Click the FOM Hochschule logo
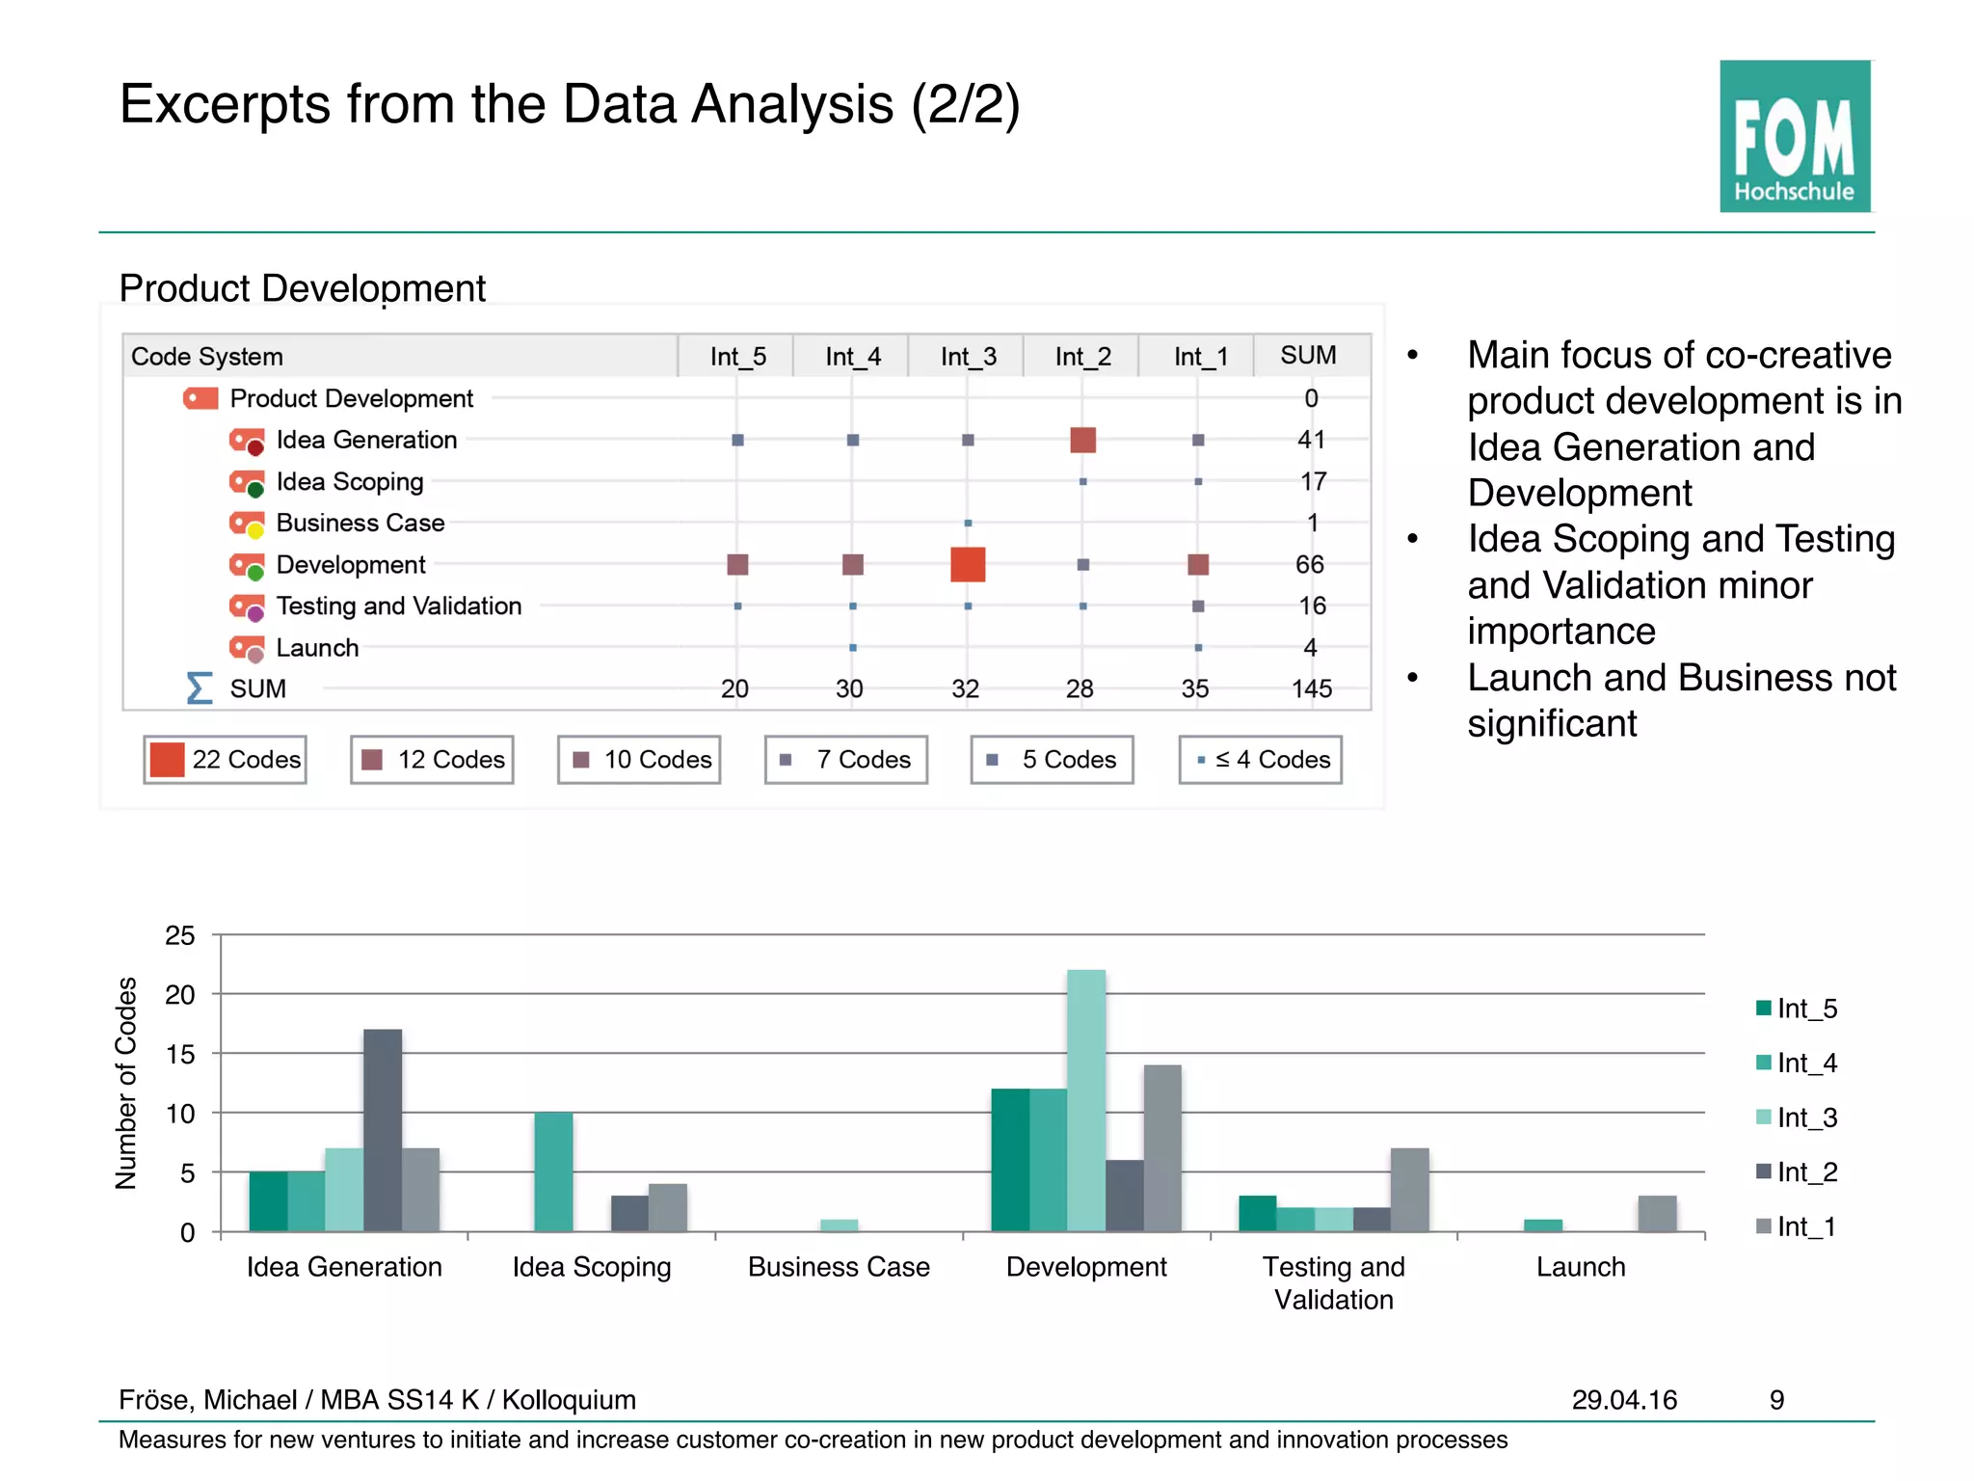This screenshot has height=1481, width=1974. point(1794,136)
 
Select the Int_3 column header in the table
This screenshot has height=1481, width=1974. point(968,357)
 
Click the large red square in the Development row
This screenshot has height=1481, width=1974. point(967,564)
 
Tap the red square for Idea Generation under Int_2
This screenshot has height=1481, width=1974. point(1082,441)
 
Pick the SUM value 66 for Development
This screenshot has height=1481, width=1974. point(1309,564)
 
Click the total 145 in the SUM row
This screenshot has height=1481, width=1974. point(1311,688)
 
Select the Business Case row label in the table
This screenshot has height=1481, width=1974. point(360,523)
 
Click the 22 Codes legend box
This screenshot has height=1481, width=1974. point(226,760)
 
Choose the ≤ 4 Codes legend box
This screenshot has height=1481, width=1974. point(1260,760)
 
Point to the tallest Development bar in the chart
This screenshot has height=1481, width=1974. point(1086,1099)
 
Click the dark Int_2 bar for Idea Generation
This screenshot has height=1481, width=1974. point(383,1130)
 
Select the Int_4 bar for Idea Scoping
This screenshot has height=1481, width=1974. point(553,1171)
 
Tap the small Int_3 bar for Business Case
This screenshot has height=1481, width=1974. point(839,1225)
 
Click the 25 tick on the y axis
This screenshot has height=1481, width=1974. point(180,935)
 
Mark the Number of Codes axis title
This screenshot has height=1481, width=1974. point(126,1083)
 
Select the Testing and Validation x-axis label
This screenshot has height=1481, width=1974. point(1333,1282)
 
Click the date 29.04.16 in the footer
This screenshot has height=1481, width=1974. point(1624,1399)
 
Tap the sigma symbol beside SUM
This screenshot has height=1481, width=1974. point(199,688)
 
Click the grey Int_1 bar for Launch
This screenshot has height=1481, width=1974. point(1657,1214)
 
